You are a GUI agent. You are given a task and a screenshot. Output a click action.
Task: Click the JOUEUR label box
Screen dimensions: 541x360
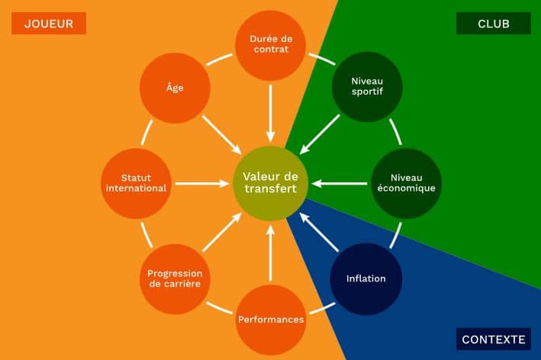coord(49,24)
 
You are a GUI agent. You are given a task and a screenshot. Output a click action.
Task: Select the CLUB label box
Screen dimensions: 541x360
coord(494,24)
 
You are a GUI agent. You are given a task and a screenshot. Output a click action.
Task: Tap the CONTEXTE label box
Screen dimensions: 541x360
coord(494,339)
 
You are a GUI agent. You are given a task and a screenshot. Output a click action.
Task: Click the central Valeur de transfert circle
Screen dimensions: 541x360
coord(270,183)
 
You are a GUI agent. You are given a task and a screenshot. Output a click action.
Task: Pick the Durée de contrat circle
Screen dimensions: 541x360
coord(270,45)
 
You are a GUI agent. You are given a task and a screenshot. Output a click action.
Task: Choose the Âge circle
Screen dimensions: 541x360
coord(175,88)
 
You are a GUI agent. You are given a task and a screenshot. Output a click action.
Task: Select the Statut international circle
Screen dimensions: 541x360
coord(137,184)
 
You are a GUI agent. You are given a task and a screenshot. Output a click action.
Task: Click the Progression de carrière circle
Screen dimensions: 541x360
coord(175,279)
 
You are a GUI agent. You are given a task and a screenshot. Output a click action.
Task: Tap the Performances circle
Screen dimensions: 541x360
coord(271,320)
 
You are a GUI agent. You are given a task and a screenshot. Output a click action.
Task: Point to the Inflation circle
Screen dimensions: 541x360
coord(366,278)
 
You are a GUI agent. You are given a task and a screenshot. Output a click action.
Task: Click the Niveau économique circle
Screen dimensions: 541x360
coord(407,183)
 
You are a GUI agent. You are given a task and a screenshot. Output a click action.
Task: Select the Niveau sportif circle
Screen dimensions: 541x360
coord(367,86)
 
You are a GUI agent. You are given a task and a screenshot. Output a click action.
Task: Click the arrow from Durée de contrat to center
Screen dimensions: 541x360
coord(270,114)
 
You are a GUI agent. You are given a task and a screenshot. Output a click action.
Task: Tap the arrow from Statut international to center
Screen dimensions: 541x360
coord(202,184)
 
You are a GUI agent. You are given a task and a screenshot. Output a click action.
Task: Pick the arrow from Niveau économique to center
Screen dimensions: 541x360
coord(339,184)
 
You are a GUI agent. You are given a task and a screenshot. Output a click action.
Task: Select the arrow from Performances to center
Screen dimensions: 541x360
coord(270,252)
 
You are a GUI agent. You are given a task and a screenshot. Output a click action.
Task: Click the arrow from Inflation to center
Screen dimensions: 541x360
coord(319,232)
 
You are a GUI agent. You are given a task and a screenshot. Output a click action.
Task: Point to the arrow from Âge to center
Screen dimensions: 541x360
coord(222,135)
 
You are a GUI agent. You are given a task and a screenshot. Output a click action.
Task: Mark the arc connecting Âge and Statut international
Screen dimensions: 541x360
coord(147,132)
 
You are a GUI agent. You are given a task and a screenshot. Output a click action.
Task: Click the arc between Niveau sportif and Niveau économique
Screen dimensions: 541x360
coord(396,131)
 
